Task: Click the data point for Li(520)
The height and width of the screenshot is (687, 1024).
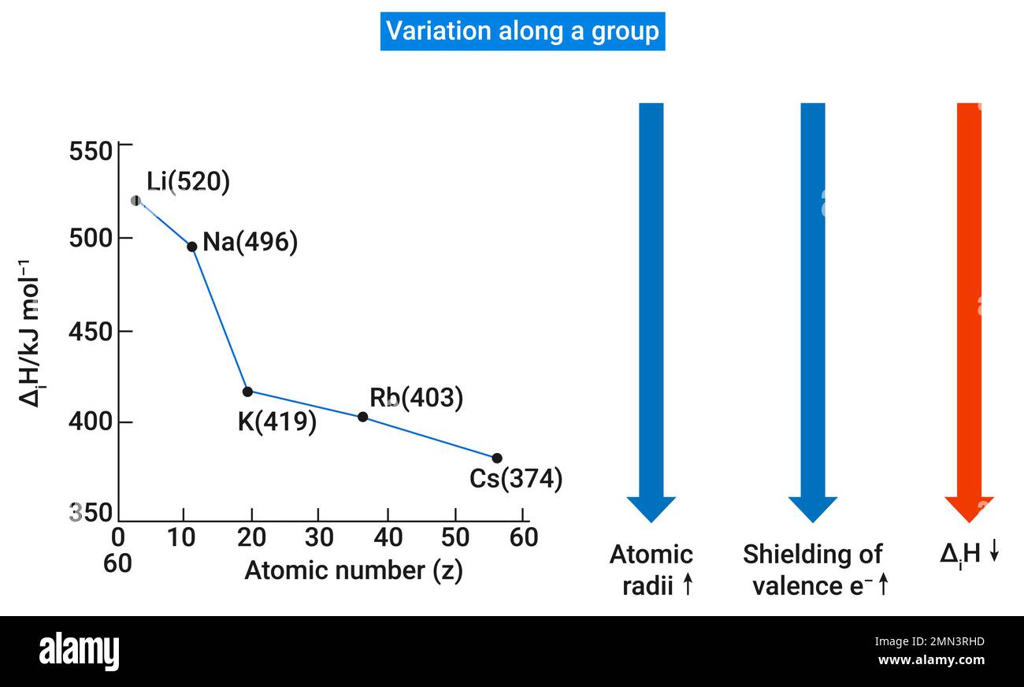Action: [135, 201]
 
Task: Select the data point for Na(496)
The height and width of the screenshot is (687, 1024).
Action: [191, 247]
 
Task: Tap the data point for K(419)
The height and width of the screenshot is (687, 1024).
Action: [247, 392]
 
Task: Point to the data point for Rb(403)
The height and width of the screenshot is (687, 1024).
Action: [362, 417]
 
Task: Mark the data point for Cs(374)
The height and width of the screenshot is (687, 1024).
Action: [497, 459]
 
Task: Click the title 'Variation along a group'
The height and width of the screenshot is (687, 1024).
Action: [522, 32]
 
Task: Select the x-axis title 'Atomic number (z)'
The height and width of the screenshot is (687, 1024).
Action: [353, 570]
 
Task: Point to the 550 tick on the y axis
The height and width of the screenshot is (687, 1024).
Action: [91, 150]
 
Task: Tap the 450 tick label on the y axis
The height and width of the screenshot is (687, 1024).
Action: [91, 332]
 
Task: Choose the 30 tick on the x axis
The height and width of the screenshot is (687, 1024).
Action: [319, 537]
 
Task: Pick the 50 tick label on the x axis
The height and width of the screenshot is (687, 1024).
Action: [454, 537]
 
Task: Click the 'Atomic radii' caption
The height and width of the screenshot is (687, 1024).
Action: [651, 570]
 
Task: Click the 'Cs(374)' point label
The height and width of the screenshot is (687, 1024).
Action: [516, 479]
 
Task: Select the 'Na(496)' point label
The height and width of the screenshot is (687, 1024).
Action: [250, 243]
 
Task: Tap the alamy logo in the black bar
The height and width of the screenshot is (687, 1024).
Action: [79, 652]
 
